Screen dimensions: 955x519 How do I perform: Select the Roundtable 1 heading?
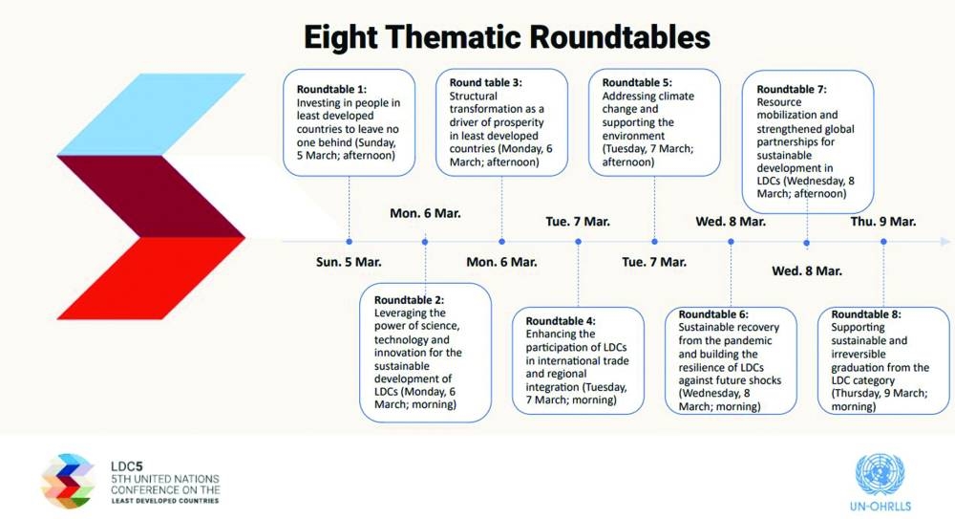331,89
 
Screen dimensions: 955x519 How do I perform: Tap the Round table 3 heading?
485,82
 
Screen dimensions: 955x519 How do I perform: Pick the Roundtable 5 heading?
636,82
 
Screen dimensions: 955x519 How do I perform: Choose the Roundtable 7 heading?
791,89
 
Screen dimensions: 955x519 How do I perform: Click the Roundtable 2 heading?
409,300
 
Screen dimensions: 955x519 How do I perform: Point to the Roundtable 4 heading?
561,321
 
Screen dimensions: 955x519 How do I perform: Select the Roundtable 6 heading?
713,314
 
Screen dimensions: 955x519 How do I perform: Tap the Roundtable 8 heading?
865,314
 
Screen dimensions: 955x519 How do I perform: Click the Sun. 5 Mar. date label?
349,262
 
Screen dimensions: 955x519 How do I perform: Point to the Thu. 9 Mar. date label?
883,222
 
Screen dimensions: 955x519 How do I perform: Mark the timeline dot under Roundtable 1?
349,242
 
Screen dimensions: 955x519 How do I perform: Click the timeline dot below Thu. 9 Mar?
883,242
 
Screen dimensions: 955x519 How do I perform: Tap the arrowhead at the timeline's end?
945,242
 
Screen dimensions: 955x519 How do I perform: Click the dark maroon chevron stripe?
152,196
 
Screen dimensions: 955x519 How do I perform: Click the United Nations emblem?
881,474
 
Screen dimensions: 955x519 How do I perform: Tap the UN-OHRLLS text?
881,507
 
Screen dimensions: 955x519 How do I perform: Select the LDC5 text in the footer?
127,466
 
